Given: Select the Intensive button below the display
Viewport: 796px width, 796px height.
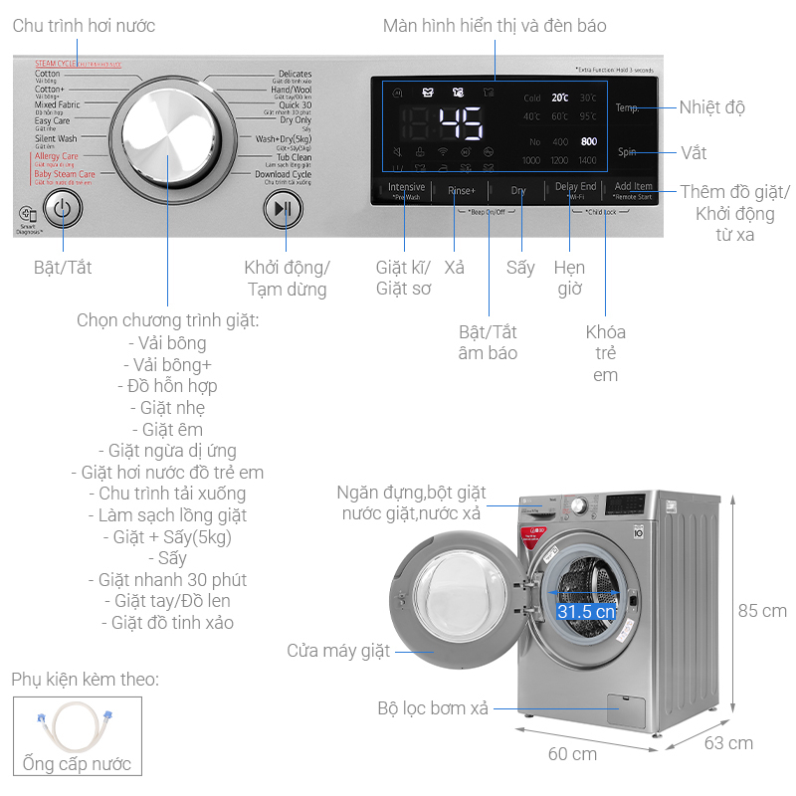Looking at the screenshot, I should point(406,189).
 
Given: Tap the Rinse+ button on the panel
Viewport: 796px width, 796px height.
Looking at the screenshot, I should point(462,190).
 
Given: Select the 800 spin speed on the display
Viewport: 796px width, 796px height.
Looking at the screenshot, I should point(589,142).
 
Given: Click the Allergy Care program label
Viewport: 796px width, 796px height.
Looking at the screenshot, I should point(56,156).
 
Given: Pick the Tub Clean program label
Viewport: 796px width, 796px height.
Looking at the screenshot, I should point(294,157).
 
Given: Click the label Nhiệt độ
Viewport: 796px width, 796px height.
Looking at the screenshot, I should point(712,107).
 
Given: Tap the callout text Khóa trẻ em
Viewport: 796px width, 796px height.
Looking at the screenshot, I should point(605,353).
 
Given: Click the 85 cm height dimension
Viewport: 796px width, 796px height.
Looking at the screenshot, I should point(761,610).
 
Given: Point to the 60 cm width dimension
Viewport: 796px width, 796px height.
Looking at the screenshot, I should point(571,753).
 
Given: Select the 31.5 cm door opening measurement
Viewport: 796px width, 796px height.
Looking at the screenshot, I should point(586,611).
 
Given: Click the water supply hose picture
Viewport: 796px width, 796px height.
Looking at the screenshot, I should point(77,728).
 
